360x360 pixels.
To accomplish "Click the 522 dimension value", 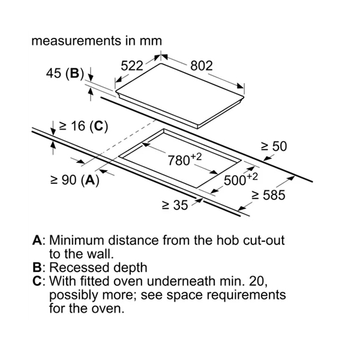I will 133,66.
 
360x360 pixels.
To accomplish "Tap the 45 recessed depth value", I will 54,74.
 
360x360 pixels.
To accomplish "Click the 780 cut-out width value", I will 179,161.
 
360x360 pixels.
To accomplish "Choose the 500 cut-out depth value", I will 235,181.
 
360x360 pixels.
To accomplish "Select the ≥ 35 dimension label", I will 175,205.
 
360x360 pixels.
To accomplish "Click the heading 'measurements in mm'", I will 97,41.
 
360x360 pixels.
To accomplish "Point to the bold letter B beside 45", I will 74,74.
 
